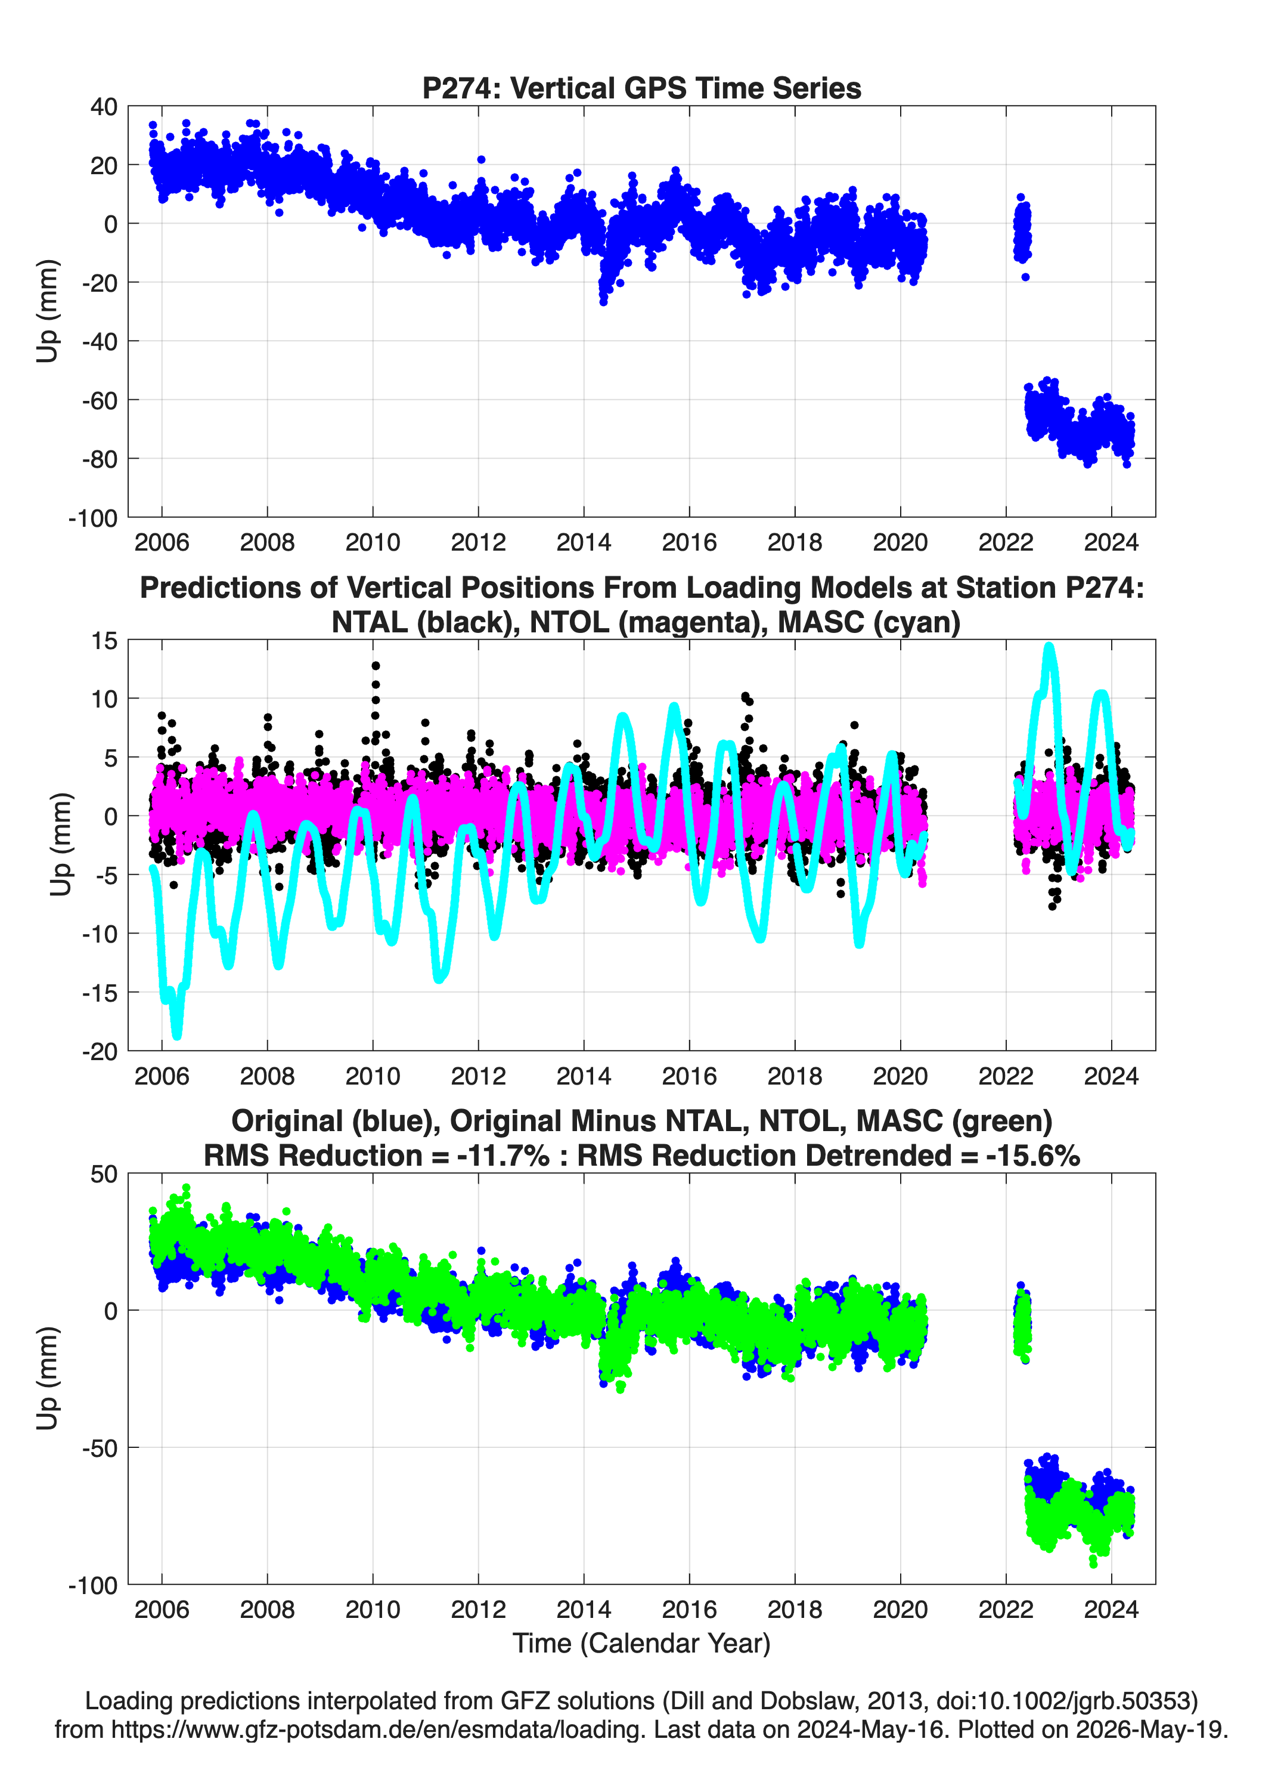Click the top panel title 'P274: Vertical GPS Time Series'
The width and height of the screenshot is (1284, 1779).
(641, 88)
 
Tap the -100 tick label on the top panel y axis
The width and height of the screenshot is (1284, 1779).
(93, 518)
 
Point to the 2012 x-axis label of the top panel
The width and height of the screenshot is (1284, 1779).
(478, 542)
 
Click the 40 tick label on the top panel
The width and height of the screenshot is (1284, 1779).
(104, 107)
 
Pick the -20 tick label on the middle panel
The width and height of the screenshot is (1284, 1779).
(100, 1052)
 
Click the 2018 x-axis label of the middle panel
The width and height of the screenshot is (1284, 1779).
(795, 1076)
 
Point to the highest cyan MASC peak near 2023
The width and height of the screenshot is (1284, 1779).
(1049, 648)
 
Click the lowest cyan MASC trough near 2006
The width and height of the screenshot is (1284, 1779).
(176, 1036)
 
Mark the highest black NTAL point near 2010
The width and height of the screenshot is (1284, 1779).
(376, 666)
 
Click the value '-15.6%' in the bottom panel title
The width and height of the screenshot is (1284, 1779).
(1033, 1156)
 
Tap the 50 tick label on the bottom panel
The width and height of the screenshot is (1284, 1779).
(104, 1174)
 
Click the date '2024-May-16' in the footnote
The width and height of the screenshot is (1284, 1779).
(868, 1729)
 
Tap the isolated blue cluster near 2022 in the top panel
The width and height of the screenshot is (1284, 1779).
(1022, 231)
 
